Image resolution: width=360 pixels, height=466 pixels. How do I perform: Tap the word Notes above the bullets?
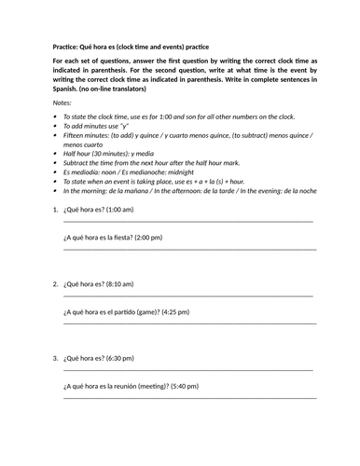61,103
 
